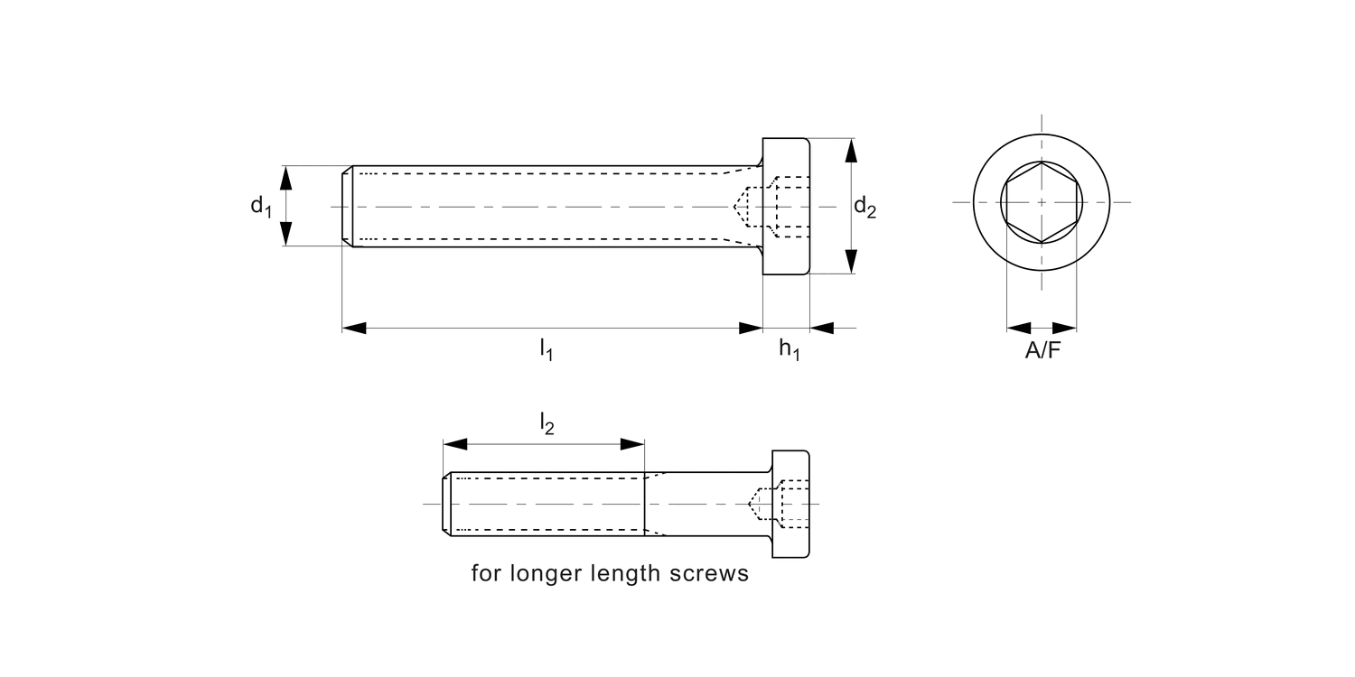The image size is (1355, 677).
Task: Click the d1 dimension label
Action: point(260,207)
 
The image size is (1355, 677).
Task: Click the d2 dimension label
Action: point(864,209)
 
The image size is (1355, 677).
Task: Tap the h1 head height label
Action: point(789,350)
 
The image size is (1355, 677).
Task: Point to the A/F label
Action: point(1042,352)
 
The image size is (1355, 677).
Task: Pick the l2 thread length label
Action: point(547,422)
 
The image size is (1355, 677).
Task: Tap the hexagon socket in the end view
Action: point(1042,202)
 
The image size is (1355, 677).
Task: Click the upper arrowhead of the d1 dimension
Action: point(286,178)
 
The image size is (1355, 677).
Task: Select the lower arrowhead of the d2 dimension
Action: point(850,262)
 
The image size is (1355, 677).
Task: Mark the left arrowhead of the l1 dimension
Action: point(354,327)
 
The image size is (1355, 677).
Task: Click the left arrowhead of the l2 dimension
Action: point(454,444)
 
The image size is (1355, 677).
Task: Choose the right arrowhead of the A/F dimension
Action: point(1065,327)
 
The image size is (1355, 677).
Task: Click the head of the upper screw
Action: point(786,207)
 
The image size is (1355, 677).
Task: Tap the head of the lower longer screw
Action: point(790,503)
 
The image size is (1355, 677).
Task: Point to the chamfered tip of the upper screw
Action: point(347,207)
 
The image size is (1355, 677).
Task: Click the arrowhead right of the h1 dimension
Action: point(822,327)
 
